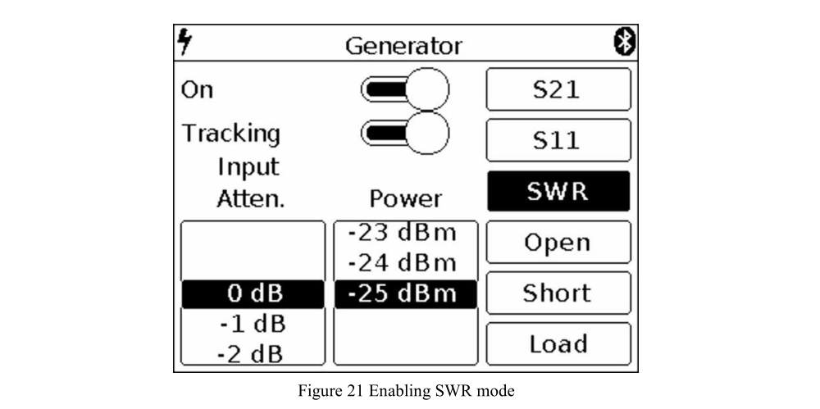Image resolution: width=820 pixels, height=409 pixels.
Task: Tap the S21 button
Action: [558, 89]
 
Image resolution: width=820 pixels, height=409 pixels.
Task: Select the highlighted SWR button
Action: [558, 191]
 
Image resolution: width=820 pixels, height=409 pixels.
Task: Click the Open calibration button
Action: [558, 242]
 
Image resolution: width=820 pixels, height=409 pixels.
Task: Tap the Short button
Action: [558, 293]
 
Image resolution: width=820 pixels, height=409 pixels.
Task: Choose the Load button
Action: [558, 343]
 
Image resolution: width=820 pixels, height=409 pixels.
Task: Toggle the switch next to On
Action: [406, 89]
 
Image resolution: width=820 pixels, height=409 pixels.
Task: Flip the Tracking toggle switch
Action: [406, 132]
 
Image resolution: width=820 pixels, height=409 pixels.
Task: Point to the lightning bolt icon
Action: [185, 43]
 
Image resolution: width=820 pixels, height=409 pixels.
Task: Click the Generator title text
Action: [403, 45]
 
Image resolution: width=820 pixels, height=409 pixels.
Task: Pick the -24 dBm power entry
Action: [406, 264]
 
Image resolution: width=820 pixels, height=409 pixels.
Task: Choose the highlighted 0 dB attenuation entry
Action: [253, 294]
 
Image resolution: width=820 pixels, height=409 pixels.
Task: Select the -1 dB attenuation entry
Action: [253, 325]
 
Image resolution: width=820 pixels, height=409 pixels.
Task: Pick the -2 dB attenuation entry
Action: [253, 354]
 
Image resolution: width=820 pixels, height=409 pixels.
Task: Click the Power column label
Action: [406, 199]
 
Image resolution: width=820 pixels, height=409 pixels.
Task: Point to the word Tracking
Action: [230, 133]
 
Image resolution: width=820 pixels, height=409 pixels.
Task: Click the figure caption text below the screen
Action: [406, 391]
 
